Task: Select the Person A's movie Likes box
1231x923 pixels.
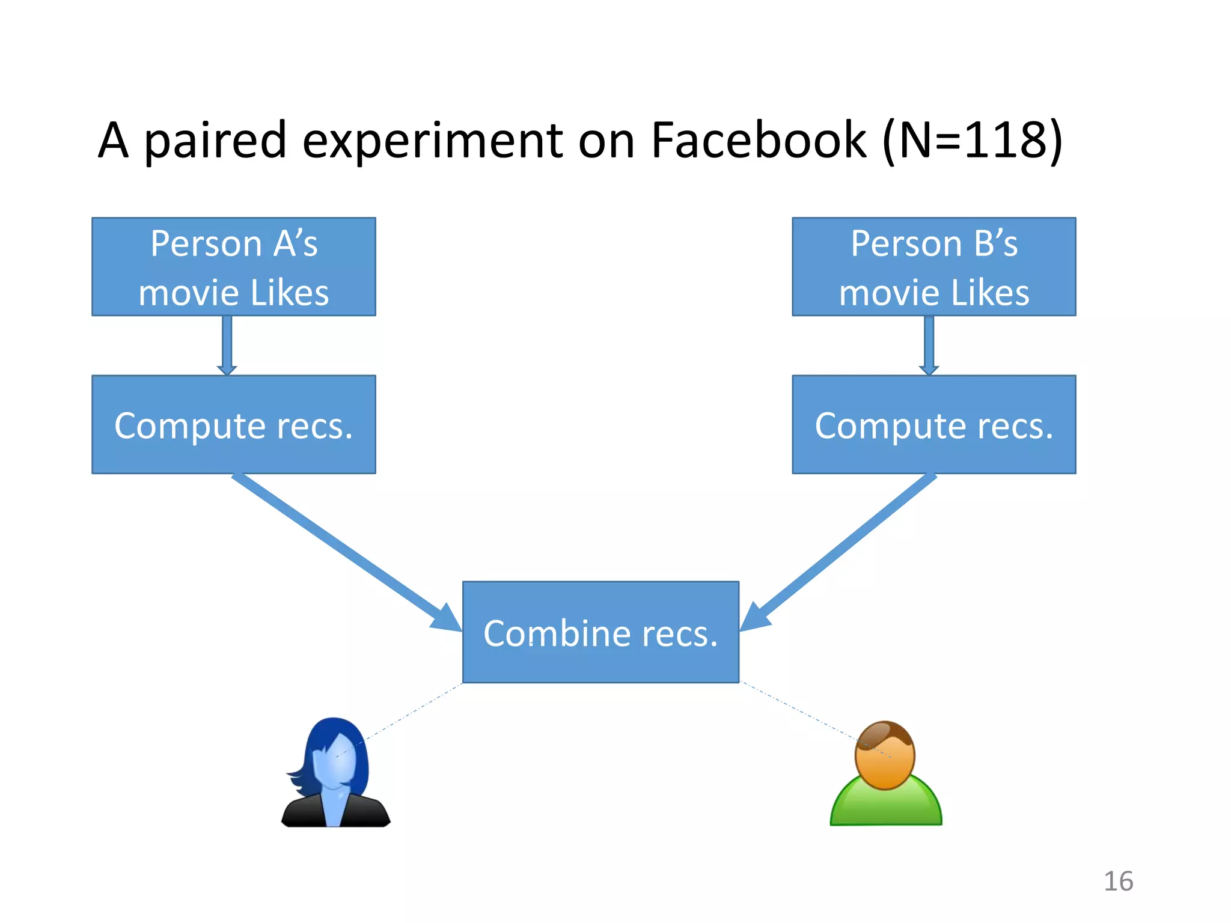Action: coord(234,267)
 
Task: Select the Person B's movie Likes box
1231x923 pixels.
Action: coord(933,267)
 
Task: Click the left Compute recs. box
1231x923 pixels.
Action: coord(234,425)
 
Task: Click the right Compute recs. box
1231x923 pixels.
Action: coord(933,425)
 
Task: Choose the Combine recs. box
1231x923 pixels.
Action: coord(600,632)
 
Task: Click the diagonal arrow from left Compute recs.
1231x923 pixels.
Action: coord(343,550)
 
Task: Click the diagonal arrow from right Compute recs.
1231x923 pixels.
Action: coord(842,550)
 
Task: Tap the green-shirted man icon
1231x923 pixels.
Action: coord(885,775)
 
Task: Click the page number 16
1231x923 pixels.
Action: coord(1118,882)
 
